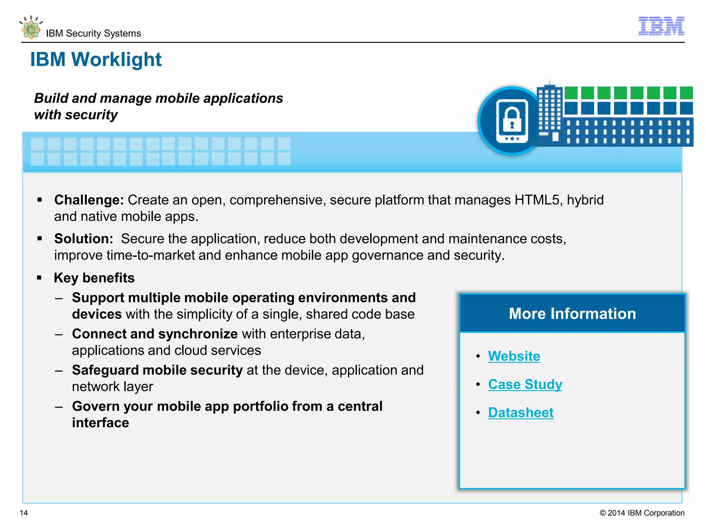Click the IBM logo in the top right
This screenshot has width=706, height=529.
(661, 26)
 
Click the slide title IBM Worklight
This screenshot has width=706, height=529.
(96, 59)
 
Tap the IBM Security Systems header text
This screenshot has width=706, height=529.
(93, 33)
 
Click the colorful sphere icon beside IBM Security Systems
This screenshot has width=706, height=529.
(31, 28)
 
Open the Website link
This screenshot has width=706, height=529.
(514, 356)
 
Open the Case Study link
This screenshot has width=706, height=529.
(525, 384)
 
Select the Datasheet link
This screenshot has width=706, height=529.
(521, 413)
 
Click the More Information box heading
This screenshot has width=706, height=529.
(572, 314)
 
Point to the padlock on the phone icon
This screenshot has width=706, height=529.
(512, 119)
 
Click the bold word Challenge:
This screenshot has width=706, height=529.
(89, 200)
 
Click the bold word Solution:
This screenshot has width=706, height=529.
(83, 239)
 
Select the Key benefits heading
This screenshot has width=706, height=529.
(94, 278)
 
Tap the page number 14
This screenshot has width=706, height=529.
(24, 513)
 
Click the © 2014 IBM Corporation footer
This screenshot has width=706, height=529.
(642, 513)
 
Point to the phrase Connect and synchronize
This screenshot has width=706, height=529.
(155, 334)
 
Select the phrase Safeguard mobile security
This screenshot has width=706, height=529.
(157, 370)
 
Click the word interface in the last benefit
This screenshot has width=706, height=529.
(100, 423)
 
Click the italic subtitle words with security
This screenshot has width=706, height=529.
(76, 115)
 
